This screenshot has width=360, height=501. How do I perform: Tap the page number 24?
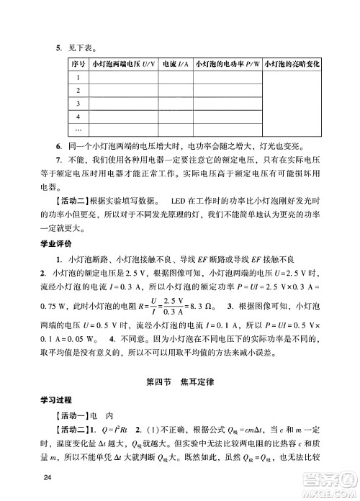[x=48, y=478]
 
